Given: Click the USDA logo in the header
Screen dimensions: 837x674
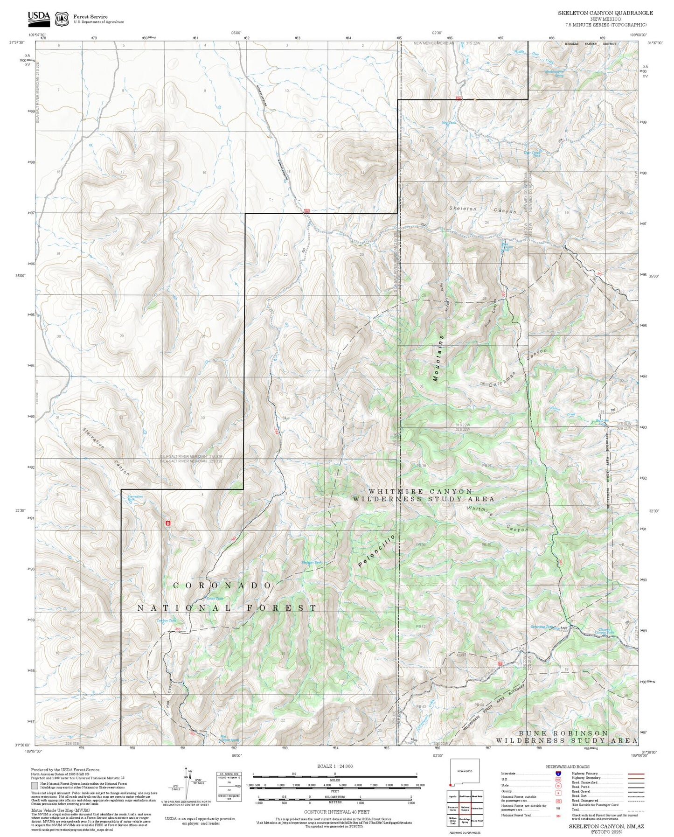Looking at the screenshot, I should tap(38, 18).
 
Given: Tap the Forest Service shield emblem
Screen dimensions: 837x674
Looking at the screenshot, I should tap(62, 19).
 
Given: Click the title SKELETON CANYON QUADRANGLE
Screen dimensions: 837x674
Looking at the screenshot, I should tap(605, 13).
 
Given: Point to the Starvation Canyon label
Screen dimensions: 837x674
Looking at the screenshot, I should tap(105, 451).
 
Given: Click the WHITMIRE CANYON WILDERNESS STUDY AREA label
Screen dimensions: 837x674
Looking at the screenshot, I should tap(424, 495).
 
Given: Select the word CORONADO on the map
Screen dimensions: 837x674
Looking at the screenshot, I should tap(222, 586).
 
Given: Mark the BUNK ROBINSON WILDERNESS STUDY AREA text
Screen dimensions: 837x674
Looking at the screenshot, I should tap(566, 737).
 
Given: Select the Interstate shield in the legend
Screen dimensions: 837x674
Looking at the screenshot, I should tap(558, 773).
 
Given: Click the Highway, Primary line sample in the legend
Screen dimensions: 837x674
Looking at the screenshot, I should tap(636, 774).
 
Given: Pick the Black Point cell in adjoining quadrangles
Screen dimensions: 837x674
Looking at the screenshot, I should tap(476, 821).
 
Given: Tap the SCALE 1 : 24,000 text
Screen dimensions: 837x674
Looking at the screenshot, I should tap(334, 766).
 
